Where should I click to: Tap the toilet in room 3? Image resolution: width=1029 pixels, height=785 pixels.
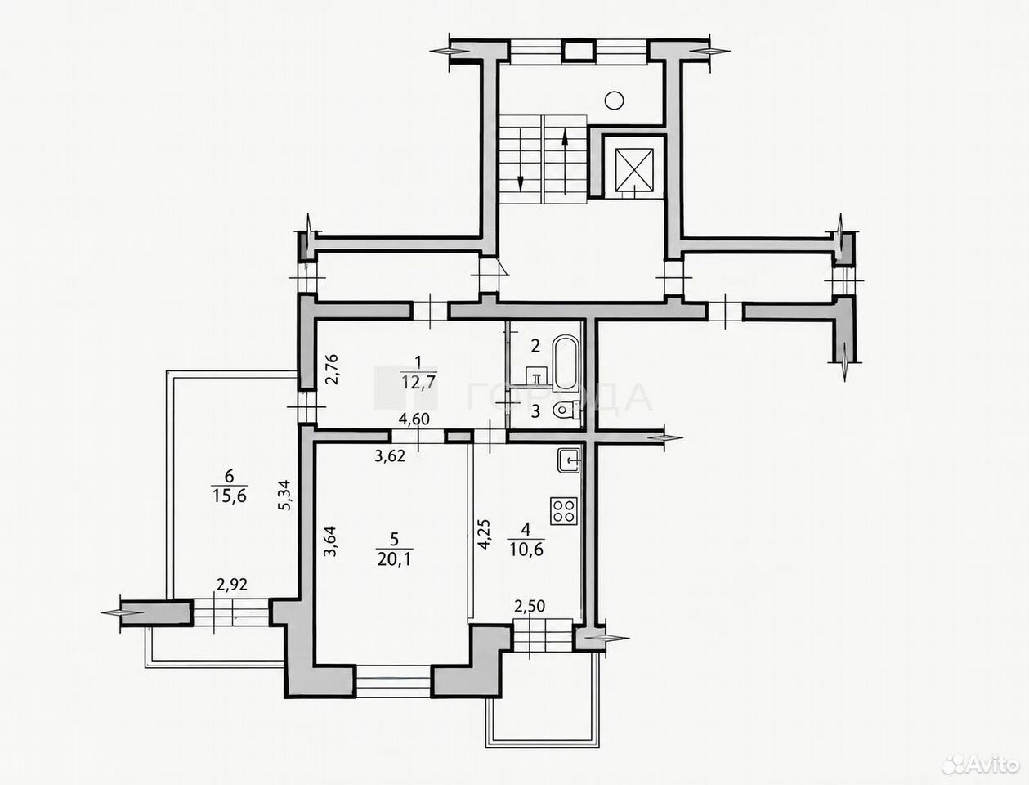coord(566,410)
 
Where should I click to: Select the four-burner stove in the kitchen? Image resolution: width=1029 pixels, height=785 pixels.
coord(563,511)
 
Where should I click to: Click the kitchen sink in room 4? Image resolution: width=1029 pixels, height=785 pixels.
coord(569,460)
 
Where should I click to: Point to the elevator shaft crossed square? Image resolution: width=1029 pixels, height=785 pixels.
coord(633,170)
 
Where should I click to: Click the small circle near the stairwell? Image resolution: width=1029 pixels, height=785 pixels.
coord(614,101)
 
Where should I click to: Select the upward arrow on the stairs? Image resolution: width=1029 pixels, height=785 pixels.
coord(565,161)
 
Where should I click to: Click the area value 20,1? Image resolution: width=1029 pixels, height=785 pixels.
coord(394,559)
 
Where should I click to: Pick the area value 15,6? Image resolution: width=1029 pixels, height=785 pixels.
coord(229,496)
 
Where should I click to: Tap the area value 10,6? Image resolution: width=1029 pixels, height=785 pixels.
coord(526,549)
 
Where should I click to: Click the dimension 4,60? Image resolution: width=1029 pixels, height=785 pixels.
coord(414,419)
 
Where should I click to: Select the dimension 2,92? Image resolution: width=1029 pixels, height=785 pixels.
coord(232,585)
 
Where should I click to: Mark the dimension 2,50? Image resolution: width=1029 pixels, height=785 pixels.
coord(530,607)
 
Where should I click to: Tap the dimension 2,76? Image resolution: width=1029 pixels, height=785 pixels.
coord(331,370)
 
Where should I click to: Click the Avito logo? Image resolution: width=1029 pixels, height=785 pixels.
coord(980,765)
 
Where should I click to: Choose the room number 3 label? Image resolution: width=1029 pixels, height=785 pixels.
coord(535,411)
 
